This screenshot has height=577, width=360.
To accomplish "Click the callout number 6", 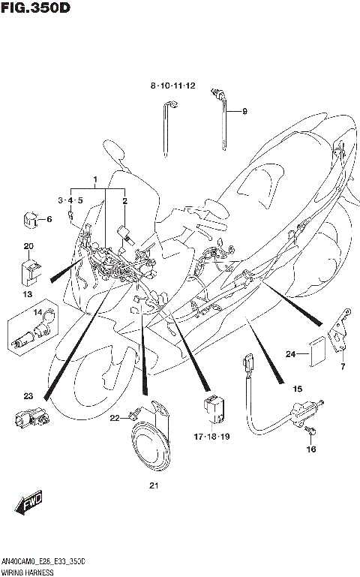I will [x=49, y=220].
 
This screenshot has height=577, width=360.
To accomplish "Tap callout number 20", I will [x=28, y=247].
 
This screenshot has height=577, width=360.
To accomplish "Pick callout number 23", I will [x=28, y=395].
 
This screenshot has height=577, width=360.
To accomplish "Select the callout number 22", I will [x=114, y=418].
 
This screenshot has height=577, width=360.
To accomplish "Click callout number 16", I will [x=310, y=449].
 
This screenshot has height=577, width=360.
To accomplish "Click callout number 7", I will [x=342, y=367].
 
